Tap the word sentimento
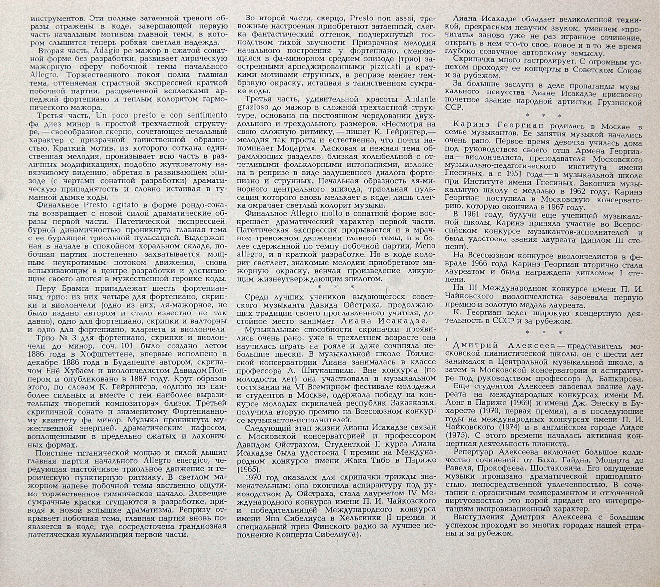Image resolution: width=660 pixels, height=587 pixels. (207, 115)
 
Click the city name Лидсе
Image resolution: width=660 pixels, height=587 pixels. (631, 427)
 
